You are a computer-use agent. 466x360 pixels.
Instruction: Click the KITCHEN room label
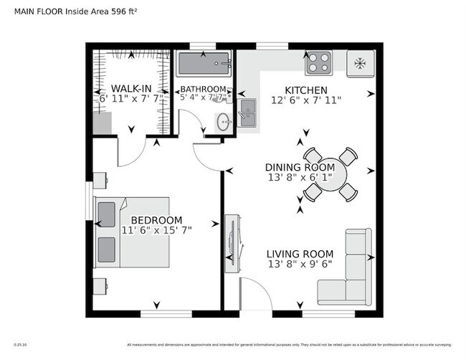tap(306, 90)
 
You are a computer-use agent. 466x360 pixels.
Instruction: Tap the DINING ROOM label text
tap(300, 166)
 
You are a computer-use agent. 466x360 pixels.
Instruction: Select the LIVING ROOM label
tap(300, 254)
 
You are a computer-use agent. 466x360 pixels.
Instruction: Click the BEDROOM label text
tap(156, 220)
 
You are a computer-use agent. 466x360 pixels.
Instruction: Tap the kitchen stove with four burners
tap(318, 64)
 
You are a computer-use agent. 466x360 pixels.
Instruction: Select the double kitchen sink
tap(247, 113)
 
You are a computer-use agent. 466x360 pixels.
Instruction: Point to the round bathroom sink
tap(223, 120)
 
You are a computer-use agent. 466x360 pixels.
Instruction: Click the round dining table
tap(326, 174)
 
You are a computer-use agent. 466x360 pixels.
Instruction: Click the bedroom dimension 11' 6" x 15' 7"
tap(156, 230)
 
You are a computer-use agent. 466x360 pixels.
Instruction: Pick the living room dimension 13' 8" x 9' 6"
tap(300, 264)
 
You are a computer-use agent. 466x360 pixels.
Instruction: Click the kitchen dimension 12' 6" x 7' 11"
tap(306, 100)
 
